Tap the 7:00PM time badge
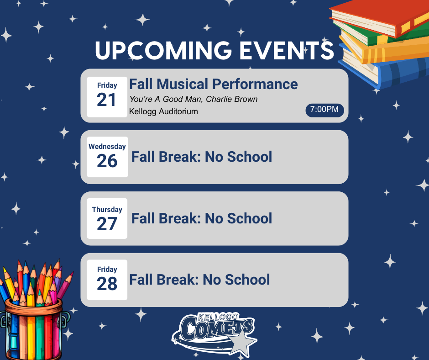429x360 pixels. point(324,110)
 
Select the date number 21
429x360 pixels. point(107,100)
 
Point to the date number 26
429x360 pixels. point(107,161)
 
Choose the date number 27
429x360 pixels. point(107,224)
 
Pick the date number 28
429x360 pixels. point(107,284)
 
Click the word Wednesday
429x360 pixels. point(107,147)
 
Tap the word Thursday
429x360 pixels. point(107,210)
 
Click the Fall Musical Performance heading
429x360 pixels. point(213,84)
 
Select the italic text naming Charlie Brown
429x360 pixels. point(194,99)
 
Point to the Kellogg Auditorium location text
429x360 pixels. point(163,111)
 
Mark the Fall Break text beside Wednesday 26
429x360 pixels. point(202,157)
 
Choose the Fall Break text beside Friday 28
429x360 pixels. point(199,280)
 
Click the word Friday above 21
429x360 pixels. point(107,85)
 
